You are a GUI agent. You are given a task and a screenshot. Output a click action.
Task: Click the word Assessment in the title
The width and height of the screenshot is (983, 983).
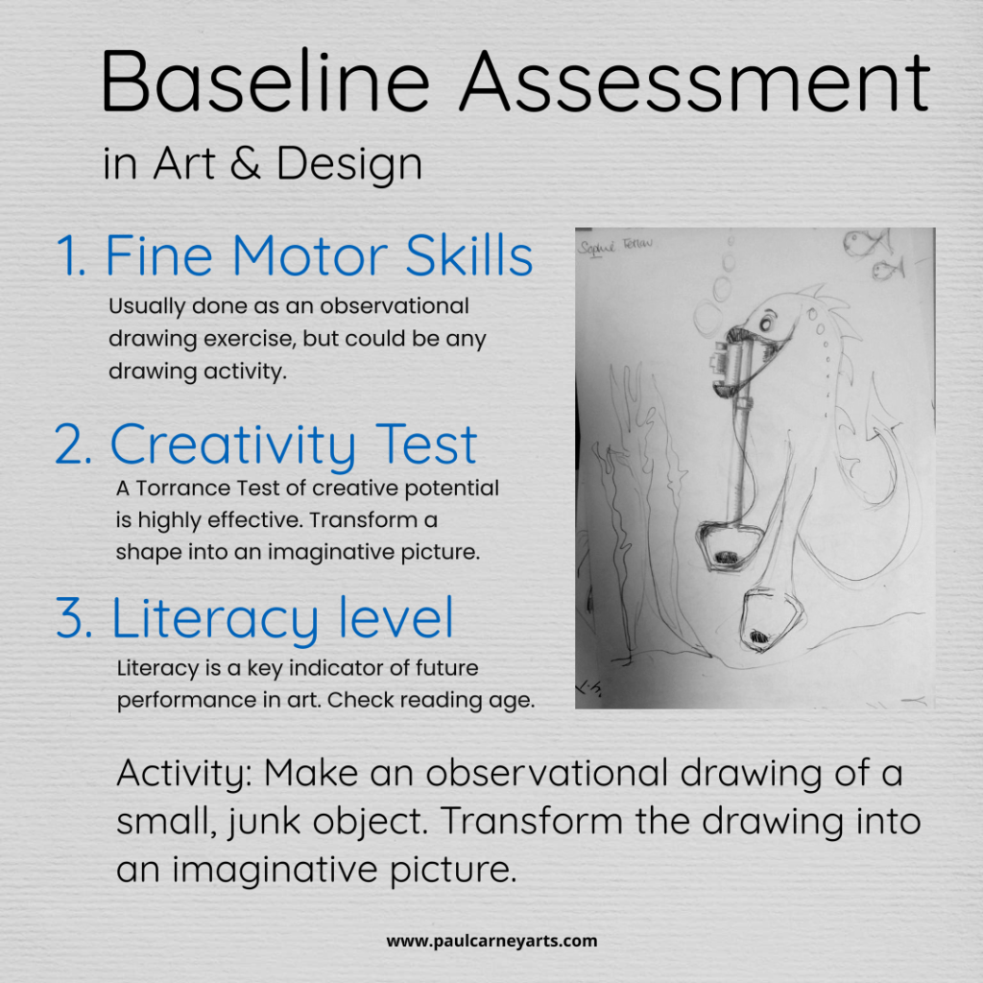point(694,82)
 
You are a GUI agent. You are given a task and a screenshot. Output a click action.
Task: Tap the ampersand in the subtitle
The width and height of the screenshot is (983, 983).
point(247,164)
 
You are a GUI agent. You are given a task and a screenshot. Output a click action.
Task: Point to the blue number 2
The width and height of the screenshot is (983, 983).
point(73,444)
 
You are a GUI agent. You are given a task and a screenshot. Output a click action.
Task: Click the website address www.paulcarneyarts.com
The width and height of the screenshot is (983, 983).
point(491,941)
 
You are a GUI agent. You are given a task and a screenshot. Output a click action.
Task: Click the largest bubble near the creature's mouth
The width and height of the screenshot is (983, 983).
point(709,316)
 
